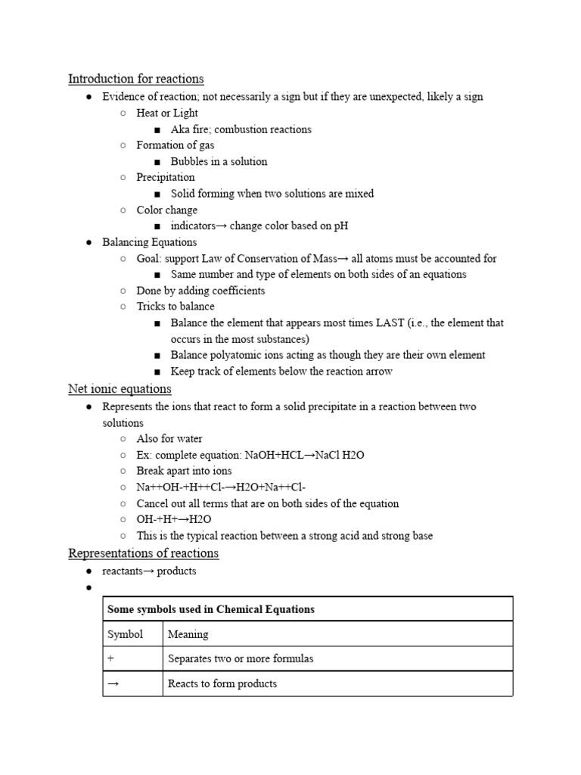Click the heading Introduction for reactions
tap(135, 79)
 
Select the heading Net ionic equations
tap(120, 389)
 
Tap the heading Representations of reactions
tap(143, 553)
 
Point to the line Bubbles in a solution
tap(219, 161)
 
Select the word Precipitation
tap(166, 177)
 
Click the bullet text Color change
tap(167, 210)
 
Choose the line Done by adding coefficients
tap(200, 291)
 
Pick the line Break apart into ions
tap(184, 471)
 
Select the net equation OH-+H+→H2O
tap(174, 519)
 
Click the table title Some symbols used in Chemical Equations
tap(211, 609)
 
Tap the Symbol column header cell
tap(125, 634)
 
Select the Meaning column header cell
tap(188, 634)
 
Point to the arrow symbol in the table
tap(113, 683)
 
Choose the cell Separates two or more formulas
tap(241, 658)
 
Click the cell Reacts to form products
tap(222, 683)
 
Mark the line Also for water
tap(169, 438)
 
